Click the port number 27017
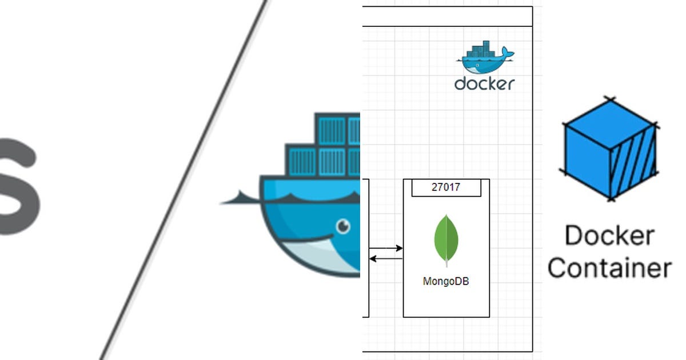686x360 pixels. click(446, 187)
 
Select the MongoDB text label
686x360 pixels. click(446, 281)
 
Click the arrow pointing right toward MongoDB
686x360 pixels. click(386, 249)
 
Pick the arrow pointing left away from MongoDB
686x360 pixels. click(386, 259)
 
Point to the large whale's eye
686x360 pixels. click(342, 227)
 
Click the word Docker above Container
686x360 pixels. click(609, 235)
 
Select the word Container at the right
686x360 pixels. click(609, 267)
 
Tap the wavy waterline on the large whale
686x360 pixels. click(309, 197)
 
